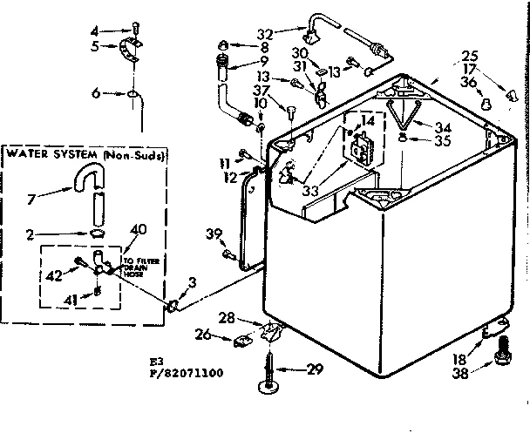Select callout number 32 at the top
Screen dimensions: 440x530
tap(266, 33)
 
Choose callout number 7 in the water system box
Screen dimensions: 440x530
tap(33, 200)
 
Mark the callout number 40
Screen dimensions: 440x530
tap(138, 229)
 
